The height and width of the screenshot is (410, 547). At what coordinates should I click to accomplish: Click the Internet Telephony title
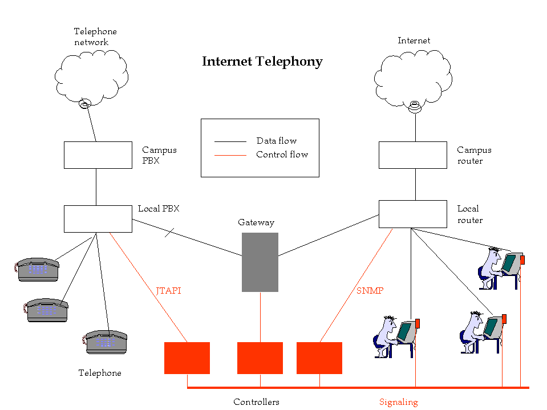click(x=262, y=62)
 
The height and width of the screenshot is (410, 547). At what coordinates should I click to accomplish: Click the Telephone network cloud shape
click(x=91, y=77)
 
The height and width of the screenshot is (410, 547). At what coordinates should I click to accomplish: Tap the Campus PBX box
click(x=98, y=155)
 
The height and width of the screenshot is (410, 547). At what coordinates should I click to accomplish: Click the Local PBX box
click(x=98, y=219)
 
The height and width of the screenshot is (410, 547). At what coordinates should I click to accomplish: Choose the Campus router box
click(x=412, y=155)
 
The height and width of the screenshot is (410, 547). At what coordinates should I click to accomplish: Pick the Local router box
click(x=412, y=214)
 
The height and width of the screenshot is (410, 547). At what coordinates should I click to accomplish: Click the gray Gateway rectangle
click(x=260, y=262)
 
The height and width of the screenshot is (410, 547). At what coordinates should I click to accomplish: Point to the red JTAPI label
click(x=168, y=291)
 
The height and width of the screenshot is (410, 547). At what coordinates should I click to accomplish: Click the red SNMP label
click(x=370, y=291)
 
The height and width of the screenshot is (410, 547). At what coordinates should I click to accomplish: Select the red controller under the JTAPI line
click(x=187, y=358)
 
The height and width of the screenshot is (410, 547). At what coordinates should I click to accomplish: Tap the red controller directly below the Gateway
click(x=260, y=358)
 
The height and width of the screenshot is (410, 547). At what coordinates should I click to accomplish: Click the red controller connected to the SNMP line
click(x=319, y=358)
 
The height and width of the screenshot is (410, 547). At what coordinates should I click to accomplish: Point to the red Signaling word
click(x=398, y=402)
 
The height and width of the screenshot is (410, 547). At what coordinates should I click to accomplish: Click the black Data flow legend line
click(x=230, y=141)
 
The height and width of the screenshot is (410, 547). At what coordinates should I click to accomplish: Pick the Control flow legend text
click(x=282, y=155)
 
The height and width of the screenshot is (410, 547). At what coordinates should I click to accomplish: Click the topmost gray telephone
click(x=38, y=269)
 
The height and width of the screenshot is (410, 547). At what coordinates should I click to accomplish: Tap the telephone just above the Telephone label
click(x=105, y=342)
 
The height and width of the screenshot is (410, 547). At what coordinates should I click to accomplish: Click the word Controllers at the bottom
click(x=256, y=402)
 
